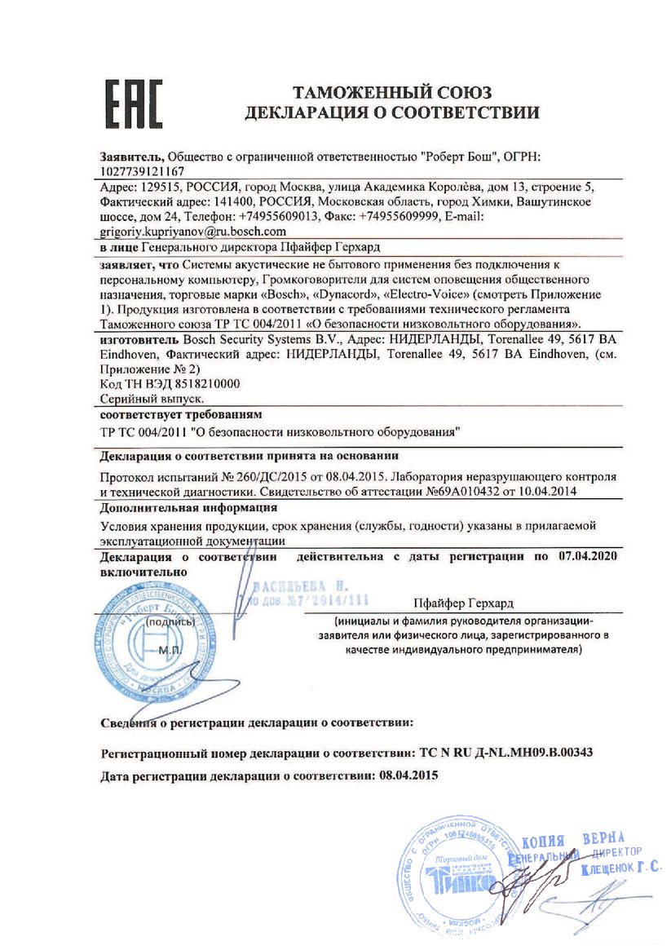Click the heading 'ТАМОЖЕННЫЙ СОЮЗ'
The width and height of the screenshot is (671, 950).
point(391,92)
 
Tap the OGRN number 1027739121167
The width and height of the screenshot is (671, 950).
point(141,172)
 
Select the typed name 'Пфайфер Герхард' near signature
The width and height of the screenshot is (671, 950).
point(463,603)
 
